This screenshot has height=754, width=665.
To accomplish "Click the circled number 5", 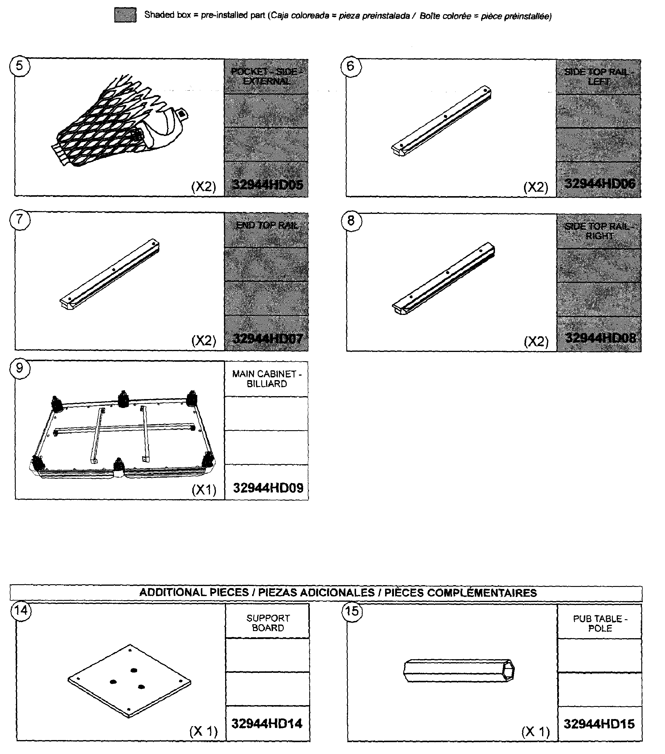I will click(20, 66).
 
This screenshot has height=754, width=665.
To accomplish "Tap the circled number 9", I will click(20, 368).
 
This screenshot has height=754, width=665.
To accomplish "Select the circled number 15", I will click(352, 611).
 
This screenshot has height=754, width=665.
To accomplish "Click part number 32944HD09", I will click(268, 488).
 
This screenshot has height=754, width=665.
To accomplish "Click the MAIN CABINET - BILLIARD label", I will click(267, 379).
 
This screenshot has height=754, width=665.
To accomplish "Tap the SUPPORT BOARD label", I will click(268, 623).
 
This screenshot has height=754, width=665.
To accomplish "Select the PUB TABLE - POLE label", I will click(600, 623).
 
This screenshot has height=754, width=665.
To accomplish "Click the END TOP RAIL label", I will click(267, 225).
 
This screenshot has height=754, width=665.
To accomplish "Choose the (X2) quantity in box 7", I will click(203, 340).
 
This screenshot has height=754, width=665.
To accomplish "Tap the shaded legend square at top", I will click(125, 15).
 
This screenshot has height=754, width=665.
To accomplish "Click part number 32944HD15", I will click(599, 724).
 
